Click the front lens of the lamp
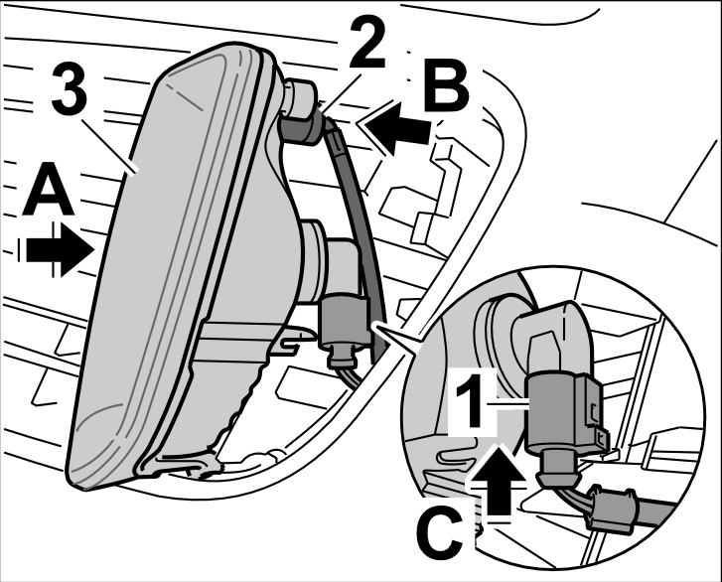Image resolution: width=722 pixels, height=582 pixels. [x=169, y=268]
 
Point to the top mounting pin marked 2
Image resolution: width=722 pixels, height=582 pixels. [x=300, y=112]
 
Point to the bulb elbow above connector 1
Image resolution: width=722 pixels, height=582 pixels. [x=556, y=333]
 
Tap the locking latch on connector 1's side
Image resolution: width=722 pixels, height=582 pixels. [x=595, y=417]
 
